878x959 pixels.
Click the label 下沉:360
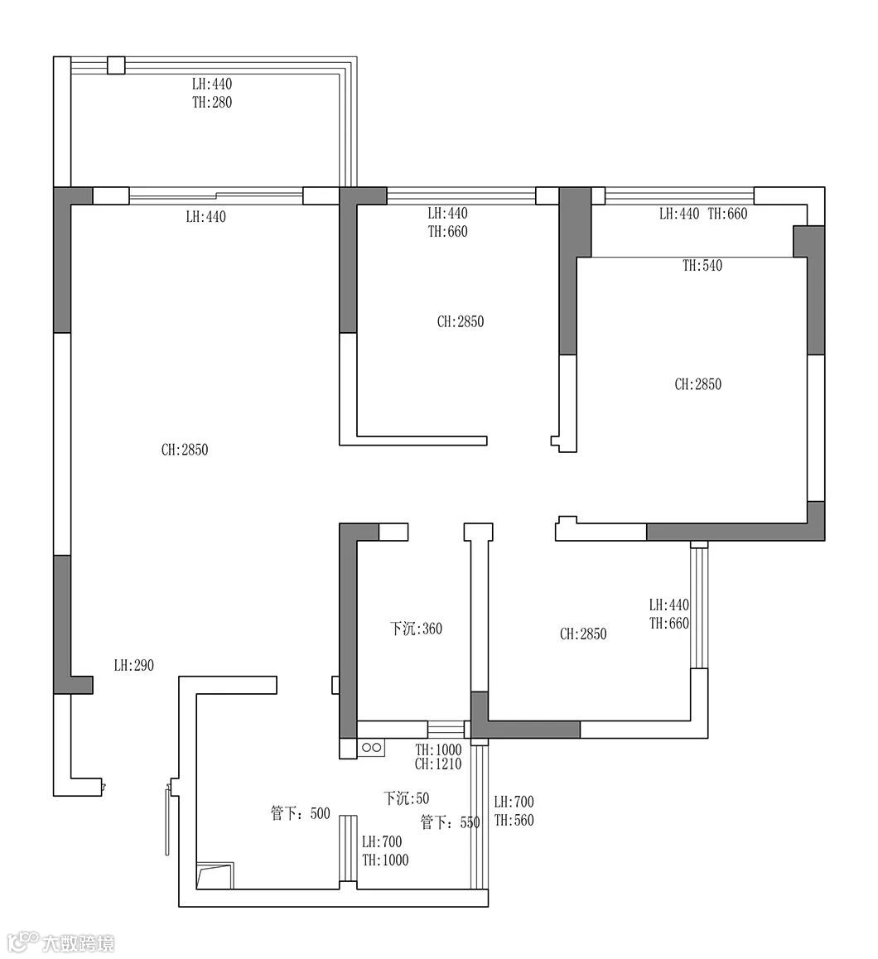pyautogui.click(x=416, y=628)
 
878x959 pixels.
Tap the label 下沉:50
pyautogui.click(x=406, y=798)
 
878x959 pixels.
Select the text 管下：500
pyautogui.click(x=301, y=813)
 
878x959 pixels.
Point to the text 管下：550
pyautogui.click(x=451, y=822)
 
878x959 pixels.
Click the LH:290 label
pyautogui.click(x=134, y=666)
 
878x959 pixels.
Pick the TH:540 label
pyautogui.click(x=702, y=266)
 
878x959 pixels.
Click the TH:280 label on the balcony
pyautogui.click(x=212, y=102)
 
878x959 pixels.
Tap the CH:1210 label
pyautogui.click(x=438, y=764)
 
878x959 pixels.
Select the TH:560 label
pyautogui.click(x=514, y=820)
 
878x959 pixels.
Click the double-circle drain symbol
pyautogui.click(x=372, y=747)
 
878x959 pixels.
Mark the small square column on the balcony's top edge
pyautogui.click(x=116, y=65)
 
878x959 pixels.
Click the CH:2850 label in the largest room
pyautogui.click(x=185, y=450)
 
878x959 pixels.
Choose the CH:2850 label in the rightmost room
pyautogui.click(x=698, y=384)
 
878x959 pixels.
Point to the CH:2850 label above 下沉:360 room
pyautogui.click(x=461, y=321)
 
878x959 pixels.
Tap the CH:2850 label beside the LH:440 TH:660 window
pyautogui.click(x=583, y=634)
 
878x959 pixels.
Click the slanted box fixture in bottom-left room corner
pyautogui.click(x=215, y=876)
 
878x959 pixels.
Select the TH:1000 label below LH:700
pyautogui.click(x=385, y=860)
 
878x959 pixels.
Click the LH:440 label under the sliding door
pyautogui.click(x=206, y=216)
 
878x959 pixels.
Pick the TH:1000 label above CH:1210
pyautogui.click(x=438, y=749)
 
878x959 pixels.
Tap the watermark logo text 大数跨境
pyautogui.click(x=79, y=943)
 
